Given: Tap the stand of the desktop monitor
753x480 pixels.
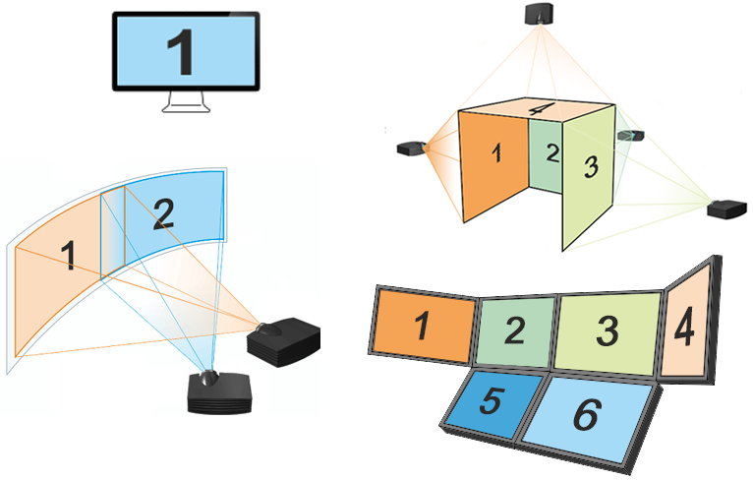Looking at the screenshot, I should pos(186,101).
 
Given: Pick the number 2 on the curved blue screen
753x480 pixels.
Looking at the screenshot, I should pos(163,213).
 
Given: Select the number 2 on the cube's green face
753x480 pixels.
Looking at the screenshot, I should pos(551,152).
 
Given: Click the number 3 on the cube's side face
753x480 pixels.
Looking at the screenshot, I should pos(590,167).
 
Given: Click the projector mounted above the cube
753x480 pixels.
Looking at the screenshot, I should pos(540,13).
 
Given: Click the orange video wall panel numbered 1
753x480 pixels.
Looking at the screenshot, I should pos(423,325).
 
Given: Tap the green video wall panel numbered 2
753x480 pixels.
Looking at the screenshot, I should pos(515,330).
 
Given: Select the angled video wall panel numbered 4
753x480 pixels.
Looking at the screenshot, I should pos(687,325).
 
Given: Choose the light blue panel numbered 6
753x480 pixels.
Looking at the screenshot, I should pos(587,415).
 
